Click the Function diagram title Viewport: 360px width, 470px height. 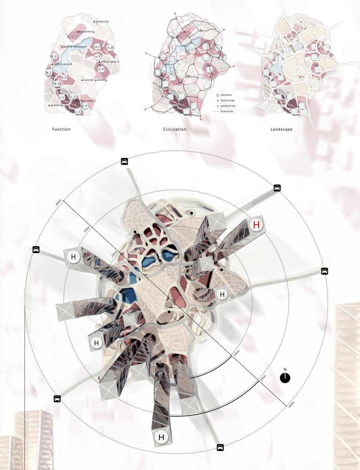point(61,129)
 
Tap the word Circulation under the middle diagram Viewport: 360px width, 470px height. point(174,129)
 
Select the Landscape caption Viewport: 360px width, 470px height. point(281,129)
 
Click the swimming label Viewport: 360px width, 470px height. point(87,32)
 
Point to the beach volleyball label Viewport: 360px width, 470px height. point(75,47)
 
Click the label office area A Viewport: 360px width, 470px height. point(110,62)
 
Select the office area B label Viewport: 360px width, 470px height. point(63,64)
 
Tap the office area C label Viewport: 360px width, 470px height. point(86,101)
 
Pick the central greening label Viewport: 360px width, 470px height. point(95,80)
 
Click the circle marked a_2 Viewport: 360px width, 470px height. point(110,48)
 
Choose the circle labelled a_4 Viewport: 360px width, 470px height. point(101,69)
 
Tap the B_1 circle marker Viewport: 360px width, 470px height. point(54,57)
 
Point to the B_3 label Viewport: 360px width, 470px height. point(64,78)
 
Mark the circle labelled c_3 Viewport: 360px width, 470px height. point(77,111)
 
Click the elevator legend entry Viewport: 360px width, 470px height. point(226,95)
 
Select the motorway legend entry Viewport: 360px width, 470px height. point(228,100)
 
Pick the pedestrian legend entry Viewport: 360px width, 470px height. point(228,106)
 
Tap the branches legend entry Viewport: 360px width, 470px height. point(227,111)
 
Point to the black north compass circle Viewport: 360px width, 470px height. point(285,378)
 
